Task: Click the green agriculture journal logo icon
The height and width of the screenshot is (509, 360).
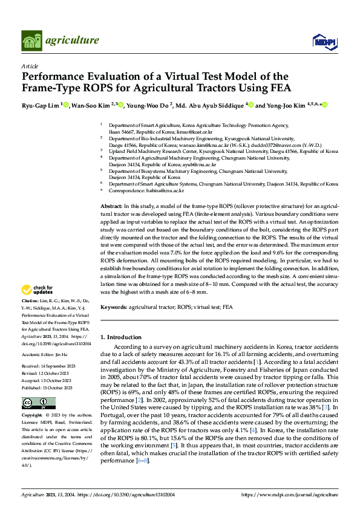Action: point(32,40)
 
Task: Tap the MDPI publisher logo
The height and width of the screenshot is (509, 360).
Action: point(324,41)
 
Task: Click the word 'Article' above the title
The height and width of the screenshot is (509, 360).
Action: point(30,65)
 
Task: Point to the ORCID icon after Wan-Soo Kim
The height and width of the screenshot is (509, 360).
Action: point(121,105)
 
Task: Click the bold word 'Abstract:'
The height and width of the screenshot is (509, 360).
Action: point(112,207)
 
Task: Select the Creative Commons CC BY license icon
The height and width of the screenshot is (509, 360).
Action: point(39,403)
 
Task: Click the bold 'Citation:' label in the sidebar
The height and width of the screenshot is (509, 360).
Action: point(30,300)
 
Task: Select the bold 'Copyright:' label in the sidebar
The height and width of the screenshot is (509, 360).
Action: point(32,416)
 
